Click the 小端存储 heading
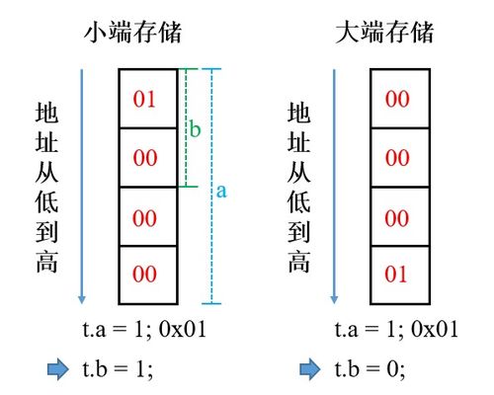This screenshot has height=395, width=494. point(132,33)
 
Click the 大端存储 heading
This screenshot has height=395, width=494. point(384,33)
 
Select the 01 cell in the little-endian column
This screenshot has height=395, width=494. point(148,99)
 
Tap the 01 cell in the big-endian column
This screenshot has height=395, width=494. point(400,275)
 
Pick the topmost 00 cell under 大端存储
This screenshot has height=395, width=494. point(400,99)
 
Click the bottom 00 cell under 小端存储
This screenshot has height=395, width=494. point(148,275)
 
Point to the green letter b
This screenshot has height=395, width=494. point(195,128)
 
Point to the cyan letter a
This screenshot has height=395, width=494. point(221,192)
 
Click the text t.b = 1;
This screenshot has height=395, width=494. point(118,368)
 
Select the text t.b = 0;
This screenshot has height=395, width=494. point(370,368)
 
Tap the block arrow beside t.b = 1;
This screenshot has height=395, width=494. point(58,369)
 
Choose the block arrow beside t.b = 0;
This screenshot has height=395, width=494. point(310,369)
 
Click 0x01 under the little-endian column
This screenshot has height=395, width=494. point(183,329)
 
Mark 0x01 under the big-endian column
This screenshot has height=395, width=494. point(435,329)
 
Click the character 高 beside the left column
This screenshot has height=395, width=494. point(46,262)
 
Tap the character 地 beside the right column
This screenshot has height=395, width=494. point(298,113)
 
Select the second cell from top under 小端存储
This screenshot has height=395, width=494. point(148,157)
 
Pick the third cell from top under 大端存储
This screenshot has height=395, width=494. point(400,216)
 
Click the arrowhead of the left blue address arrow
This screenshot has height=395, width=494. point(82,299)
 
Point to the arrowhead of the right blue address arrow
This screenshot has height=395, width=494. point(334,299)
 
